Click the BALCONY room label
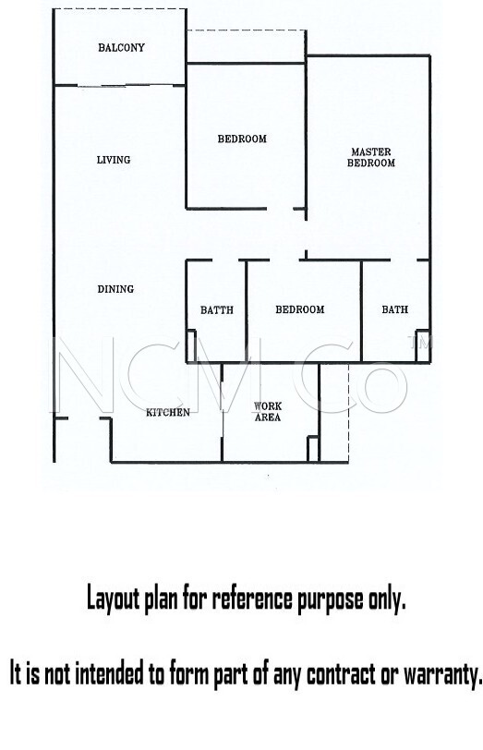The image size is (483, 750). [x=121, y=47]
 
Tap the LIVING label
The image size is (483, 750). [x=114, y=160]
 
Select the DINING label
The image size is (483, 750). [x=115, y=289]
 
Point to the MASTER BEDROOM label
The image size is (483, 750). [x=371, y=157]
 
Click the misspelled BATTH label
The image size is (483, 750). [x=217, y=310]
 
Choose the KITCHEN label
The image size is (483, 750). [x=168, y=412]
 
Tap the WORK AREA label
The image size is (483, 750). [x=268, y=411]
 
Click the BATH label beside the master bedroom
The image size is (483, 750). [x=395, y=309]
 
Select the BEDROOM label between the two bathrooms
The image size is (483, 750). [x=300, y=309]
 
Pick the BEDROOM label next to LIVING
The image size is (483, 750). [x=242, y=139]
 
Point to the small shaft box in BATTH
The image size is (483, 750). [x=191, y=345]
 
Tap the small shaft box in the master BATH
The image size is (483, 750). [x=423, y=345]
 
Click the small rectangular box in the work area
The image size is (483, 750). [x=313, y=449]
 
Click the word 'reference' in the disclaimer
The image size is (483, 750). [x=252, y=599]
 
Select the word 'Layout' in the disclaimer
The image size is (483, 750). [x=114, y=599]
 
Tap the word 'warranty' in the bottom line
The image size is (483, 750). [x=442, y=674]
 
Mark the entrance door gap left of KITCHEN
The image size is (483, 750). [x=84, y=419]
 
